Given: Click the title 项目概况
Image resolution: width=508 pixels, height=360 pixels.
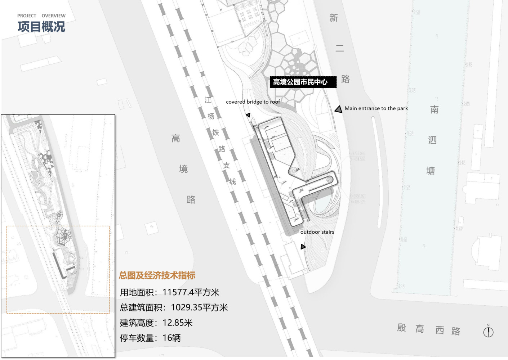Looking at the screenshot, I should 41,27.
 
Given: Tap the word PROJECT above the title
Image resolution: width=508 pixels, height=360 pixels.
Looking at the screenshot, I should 27,16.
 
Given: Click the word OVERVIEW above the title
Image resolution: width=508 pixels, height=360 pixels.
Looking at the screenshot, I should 53,16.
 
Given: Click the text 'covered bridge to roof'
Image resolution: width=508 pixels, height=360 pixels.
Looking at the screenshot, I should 253,102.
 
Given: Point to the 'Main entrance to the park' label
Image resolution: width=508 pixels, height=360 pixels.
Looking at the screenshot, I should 376,108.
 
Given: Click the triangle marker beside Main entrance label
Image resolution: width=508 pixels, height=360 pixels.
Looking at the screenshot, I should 338,109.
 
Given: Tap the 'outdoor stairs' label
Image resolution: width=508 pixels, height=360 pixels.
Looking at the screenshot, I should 317,232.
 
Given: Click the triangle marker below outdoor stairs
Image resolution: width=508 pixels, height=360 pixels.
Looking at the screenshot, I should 303,247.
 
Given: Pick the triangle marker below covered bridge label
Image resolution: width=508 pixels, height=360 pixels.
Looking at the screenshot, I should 248,115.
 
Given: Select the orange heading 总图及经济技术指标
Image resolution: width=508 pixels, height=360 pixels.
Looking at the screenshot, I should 157,276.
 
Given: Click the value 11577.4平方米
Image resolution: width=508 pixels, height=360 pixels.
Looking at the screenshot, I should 191,292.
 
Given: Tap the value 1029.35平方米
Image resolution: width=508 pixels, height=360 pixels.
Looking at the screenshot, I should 199,308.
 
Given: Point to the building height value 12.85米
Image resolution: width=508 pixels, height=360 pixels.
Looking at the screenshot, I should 178,323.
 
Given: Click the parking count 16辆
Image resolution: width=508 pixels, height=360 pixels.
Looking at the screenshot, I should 171,338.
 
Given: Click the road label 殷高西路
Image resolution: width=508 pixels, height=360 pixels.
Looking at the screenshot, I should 429,329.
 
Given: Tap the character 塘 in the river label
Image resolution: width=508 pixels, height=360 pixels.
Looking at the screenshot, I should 431,171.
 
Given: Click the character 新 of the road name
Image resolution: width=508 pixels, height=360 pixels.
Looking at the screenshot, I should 334,18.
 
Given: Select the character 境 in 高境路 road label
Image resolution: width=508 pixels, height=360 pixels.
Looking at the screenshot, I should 183,169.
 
